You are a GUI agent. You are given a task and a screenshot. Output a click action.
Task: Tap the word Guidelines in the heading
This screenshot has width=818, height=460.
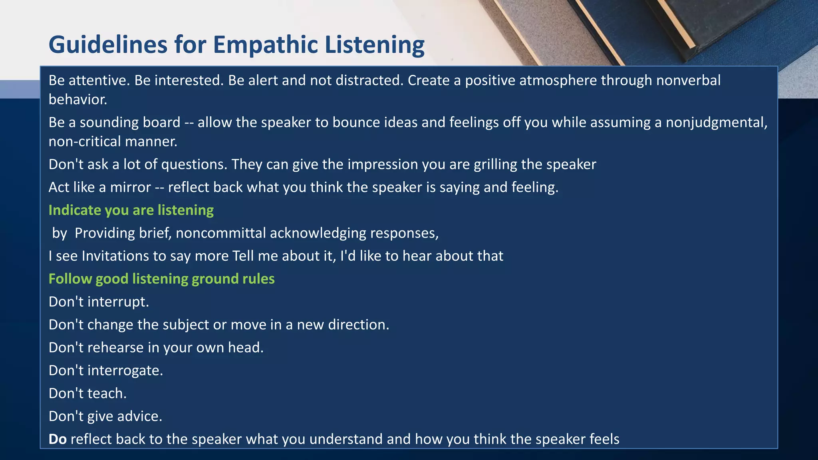pyautogui.click(x=108, y=45)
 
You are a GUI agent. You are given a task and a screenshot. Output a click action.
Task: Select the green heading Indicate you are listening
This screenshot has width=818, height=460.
pyautogui.click(x=131, y=210)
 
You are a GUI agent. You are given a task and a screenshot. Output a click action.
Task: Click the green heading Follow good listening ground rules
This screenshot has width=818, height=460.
pyautogui.click(x=161, y=279)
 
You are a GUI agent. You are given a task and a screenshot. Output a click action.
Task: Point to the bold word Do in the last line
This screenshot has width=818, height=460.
pyautogui.click(x=58, y=439)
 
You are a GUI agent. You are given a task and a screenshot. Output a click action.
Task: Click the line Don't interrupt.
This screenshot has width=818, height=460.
pyautogui.click(x=99, y=302)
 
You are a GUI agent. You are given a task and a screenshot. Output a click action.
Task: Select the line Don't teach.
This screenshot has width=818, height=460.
pyautogui.click(x=87, y=393)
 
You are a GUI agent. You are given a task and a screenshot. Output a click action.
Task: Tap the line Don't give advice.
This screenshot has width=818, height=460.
pyautogui.click(x=105, y=416)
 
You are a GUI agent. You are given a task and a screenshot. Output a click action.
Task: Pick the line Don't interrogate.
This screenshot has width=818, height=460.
pyautogui.click(x=106, y=371)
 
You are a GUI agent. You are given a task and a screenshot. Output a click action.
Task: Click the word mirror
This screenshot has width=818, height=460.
pyautogui.click(x=130, y=187)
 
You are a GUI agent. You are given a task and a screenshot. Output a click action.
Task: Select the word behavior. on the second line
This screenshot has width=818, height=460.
pyautogui.click(x=78, y=99)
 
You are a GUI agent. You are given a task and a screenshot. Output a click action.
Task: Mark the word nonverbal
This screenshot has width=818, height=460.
pyautogui.click(x=688, y=80)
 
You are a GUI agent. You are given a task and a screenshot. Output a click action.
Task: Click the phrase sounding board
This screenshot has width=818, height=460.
pyautogui.click(x=130, y=122)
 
